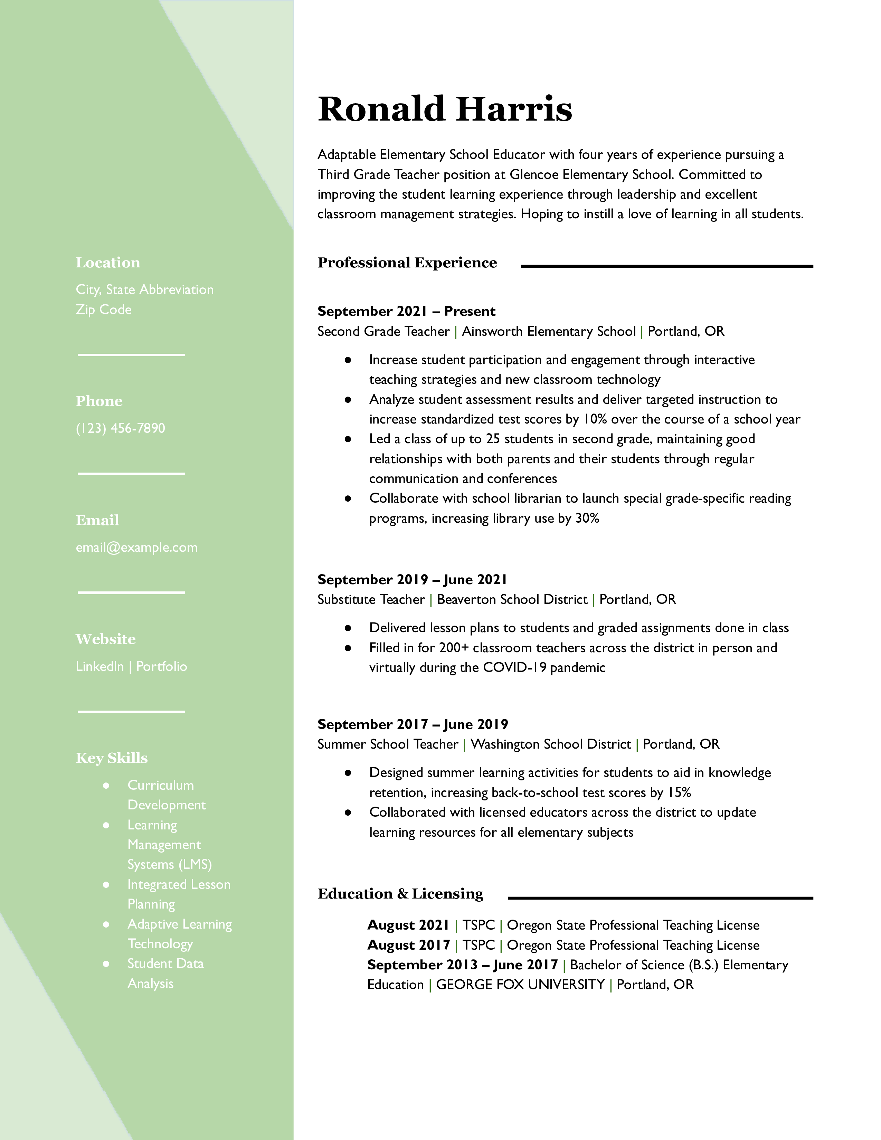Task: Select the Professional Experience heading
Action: (407, 263)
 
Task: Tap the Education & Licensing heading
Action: (400, 894)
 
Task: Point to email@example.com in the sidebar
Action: (137, 547)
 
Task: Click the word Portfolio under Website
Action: (161, 666)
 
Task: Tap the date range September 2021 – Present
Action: (406, 311)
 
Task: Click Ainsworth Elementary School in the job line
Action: (549, 331)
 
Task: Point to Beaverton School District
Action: (512, 599)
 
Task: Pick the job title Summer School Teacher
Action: (388, 744)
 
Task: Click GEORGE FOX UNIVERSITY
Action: (520, 985)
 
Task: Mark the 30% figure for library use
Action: (587, 518)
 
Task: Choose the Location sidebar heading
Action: (107, 263)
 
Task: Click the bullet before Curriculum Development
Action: (106, 785)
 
